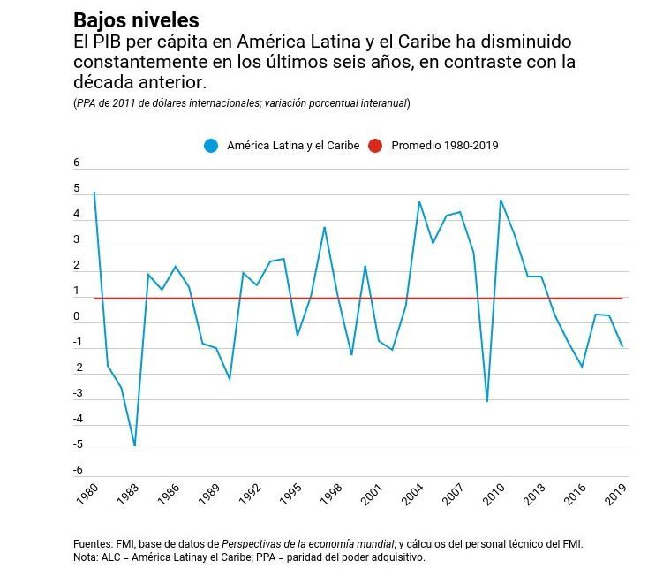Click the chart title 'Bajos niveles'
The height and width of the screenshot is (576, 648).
coord(136,19)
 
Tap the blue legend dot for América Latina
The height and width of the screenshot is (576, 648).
coord(210,145)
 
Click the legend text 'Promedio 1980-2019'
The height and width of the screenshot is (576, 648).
coord(444,145)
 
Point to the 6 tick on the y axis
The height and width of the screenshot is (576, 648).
coord(77,163)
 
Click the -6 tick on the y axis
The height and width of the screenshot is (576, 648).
coord(77,470)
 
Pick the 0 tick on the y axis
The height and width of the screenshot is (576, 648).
coord(77,316)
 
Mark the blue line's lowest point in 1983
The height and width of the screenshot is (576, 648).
coord(135,445)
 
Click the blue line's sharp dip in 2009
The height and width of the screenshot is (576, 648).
coord(486,402)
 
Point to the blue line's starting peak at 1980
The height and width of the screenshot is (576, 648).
coord(94,192)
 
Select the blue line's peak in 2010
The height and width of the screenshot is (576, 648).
coord(501,200)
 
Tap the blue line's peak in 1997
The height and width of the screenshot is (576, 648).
coord(325,227)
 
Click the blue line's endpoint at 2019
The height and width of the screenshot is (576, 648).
coord(622,346)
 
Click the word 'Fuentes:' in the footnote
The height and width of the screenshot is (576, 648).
coord(93,544)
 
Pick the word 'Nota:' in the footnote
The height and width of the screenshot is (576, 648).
coord(87,557)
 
